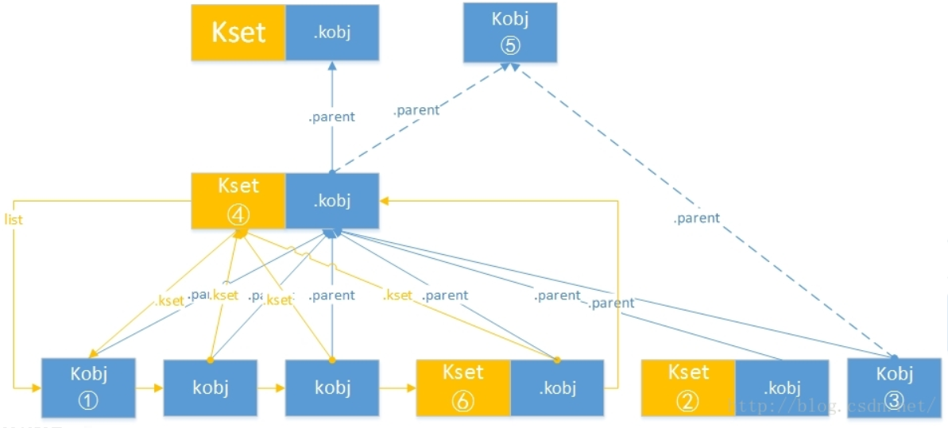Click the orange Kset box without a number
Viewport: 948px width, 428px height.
(238, 33)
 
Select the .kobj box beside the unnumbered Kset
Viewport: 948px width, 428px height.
(332, 33)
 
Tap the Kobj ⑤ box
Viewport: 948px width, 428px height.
(510, 32)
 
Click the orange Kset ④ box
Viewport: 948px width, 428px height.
(238, 201)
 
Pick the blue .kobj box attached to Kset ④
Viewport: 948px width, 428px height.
(332, 201)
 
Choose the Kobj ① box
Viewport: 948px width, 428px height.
(88, 388)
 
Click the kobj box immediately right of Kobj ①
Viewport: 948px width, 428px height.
(210, 388)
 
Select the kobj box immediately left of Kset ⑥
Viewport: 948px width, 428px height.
(332, 388)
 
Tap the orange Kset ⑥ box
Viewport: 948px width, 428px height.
(462, 388)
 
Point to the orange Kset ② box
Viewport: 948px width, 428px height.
(687, 388)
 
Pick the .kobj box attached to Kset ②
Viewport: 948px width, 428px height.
(782, 388)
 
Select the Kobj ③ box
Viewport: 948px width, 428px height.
(895, 388)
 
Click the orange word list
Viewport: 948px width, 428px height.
(14, 219)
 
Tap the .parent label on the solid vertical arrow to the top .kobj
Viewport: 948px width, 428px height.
(331, 117)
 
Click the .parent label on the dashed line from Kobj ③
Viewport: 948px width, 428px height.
(696, 218)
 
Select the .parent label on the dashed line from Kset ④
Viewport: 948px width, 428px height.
(416, 110)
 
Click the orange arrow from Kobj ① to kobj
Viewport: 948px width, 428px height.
(149, 388)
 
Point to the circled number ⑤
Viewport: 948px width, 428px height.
(510, 45)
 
